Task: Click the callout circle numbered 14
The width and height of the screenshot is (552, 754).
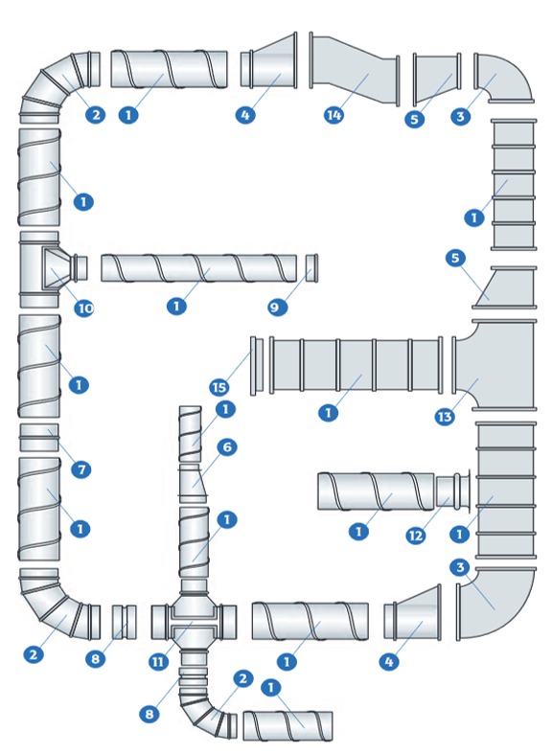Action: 333,115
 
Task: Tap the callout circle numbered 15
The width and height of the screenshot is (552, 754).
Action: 219,387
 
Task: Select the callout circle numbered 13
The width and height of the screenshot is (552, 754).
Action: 445,417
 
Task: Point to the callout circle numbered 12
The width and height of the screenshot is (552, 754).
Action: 416,536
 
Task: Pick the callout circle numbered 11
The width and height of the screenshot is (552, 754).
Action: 158,662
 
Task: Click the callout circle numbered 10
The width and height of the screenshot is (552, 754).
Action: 84,308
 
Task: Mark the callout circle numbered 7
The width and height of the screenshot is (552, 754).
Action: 81,468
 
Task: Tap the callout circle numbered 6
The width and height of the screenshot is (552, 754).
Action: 227,446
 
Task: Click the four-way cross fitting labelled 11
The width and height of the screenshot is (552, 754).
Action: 194,622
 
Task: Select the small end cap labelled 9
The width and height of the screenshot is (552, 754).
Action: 311,268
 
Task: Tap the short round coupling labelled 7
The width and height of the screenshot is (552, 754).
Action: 39,437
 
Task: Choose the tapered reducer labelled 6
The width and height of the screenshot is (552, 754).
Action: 193,483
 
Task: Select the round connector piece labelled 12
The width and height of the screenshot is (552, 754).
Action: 453,491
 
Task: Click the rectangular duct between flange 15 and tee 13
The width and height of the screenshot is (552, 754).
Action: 356,365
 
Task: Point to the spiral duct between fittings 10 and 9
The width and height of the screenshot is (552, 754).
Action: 198,268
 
